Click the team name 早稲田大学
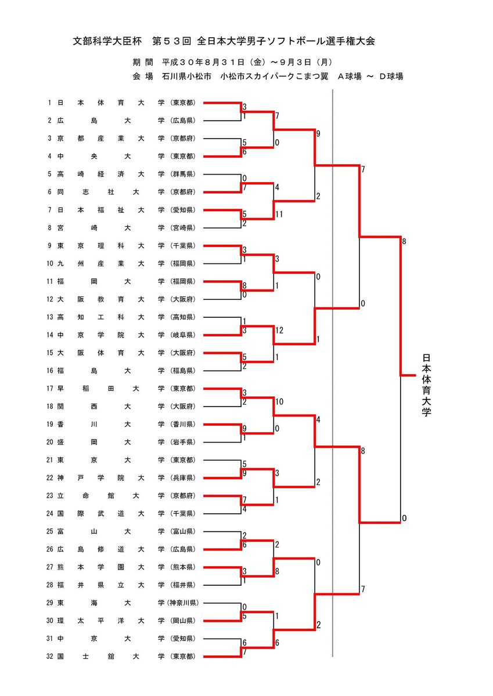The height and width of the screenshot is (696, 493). click(111, 389)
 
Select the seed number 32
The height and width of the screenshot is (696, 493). click(50, 657)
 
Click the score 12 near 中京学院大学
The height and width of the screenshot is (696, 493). click(279, 331)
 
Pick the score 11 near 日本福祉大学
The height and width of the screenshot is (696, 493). click(279, 215)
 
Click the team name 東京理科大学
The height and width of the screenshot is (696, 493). click(111, 246)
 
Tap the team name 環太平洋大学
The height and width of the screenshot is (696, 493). click(111, 621)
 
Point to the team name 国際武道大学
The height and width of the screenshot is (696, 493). click(111, 514)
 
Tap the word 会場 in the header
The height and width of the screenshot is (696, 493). click(142, 76)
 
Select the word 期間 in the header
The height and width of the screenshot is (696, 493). click(142, 61)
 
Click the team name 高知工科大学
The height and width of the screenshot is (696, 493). click(111, 317)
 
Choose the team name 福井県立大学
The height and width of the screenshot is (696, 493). click(111, 585)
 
